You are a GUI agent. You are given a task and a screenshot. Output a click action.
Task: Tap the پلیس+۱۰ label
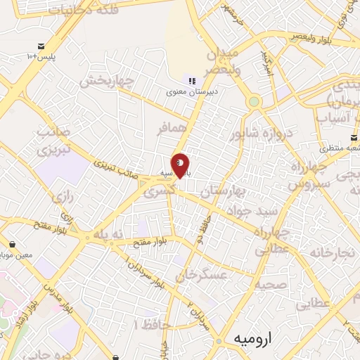tap(41, 56)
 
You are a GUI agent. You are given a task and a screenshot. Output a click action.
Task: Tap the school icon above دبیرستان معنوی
tap(192, 82)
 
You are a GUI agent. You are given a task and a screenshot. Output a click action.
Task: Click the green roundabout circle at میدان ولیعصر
tap(254, 101)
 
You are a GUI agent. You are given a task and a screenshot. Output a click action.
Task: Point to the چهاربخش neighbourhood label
tap(106, 81)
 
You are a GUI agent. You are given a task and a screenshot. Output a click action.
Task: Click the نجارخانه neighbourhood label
tap(338, 252)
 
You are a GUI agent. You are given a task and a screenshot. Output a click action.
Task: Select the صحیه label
tap(271, 285)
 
